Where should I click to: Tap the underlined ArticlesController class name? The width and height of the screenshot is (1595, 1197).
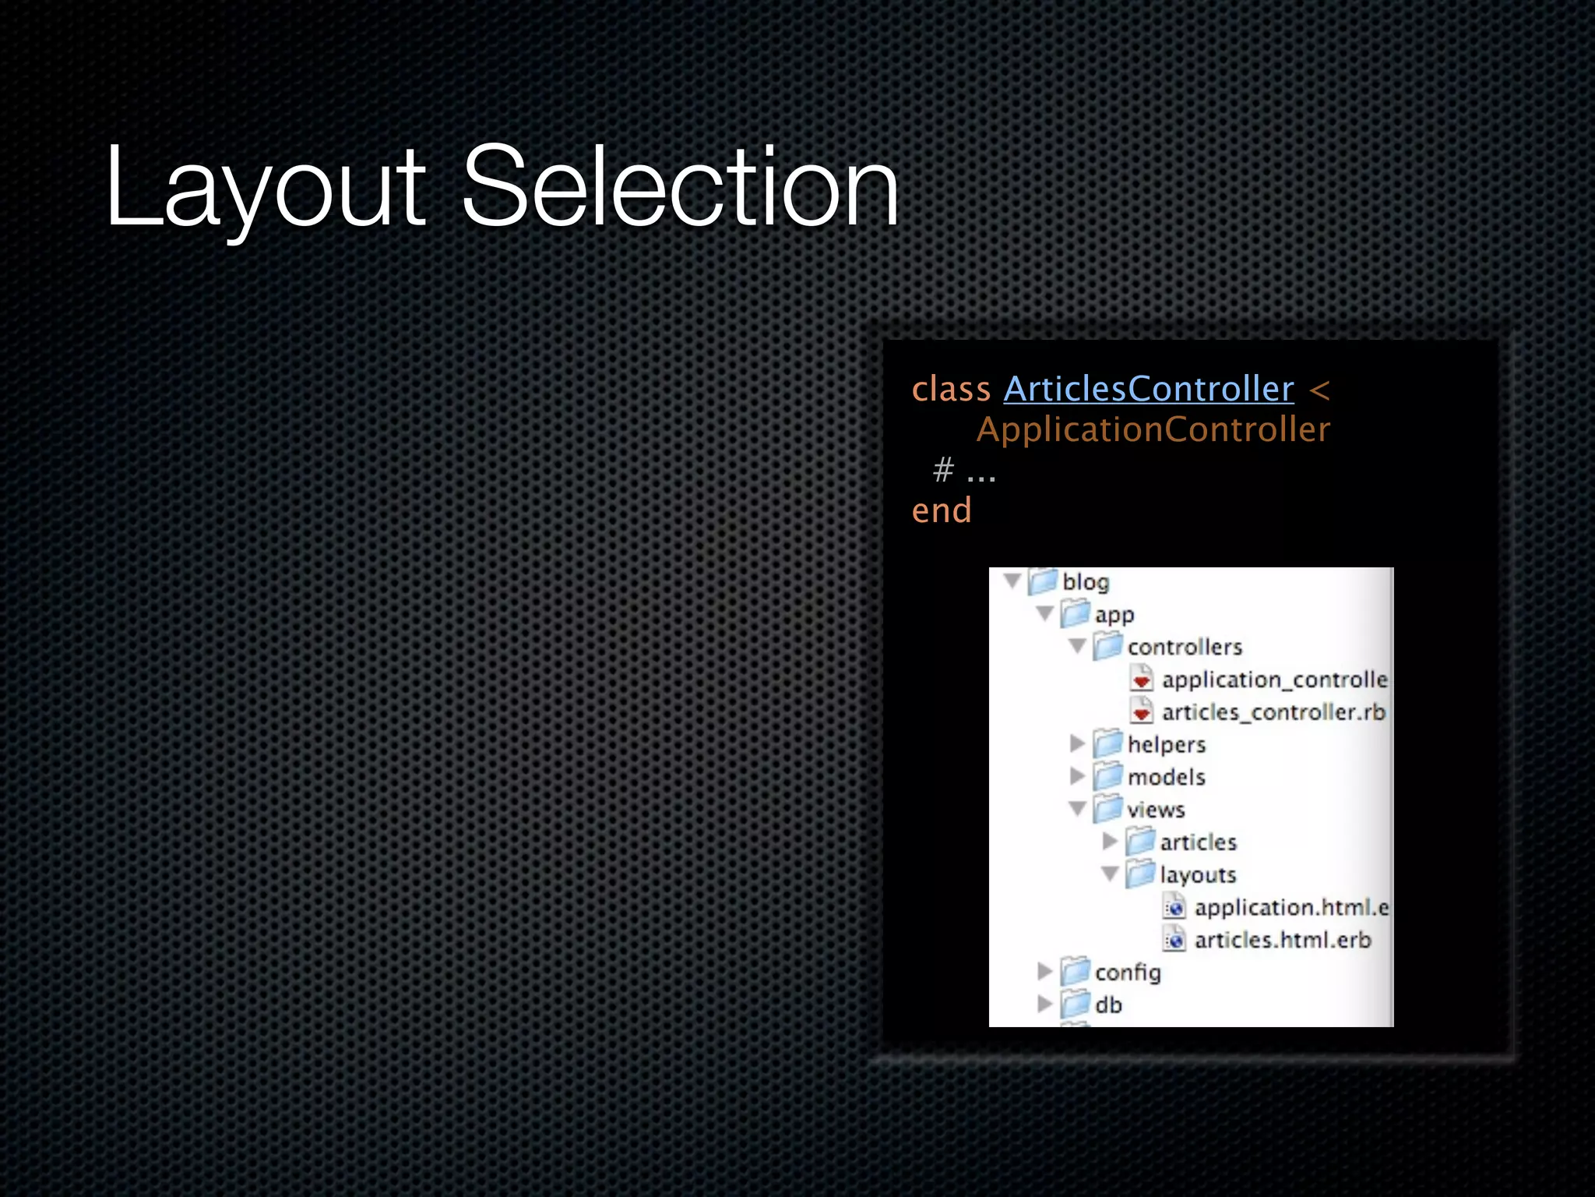coord(1148,388)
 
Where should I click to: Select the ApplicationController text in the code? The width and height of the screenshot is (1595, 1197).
coord(1153,429)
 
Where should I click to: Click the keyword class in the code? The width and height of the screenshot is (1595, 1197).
coord(950,388)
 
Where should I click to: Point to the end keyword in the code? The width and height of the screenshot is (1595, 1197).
coord(942,510)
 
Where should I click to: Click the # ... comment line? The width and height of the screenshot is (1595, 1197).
coord(964,470)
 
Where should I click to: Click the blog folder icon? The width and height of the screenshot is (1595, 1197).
coord(1043,581)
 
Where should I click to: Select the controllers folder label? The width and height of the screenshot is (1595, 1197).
coord(1185,647)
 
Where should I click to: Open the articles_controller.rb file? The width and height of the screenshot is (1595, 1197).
coord(1273,712)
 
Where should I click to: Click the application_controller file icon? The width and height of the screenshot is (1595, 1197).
coord(1142,680)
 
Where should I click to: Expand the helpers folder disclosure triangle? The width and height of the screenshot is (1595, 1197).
coord(1077,744)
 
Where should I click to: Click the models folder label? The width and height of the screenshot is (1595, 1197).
coord(1166,777)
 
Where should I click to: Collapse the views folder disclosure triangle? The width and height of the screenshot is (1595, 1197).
coord(1077,809)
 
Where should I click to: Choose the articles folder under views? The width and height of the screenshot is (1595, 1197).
coord(1198,842)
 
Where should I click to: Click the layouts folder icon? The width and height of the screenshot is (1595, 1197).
coord(1140,874)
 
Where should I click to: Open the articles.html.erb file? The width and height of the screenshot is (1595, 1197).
coord(1282,940)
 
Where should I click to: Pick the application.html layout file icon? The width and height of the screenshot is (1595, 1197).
coord(1174,907)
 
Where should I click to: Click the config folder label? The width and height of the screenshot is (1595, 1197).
coord(1127,973)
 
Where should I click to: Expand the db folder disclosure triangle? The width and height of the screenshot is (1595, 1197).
coord(1044,1005)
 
